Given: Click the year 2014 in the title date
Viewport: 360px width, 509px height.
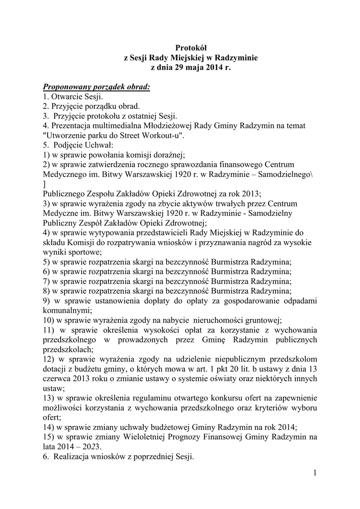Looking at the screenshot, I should coord(214,67).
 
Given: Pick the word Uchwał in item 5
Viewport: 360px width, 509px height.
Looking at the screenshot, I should coord(101,145).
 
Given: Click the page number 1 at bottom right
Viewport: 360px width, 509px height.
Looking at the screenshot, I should coord(315,472).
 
